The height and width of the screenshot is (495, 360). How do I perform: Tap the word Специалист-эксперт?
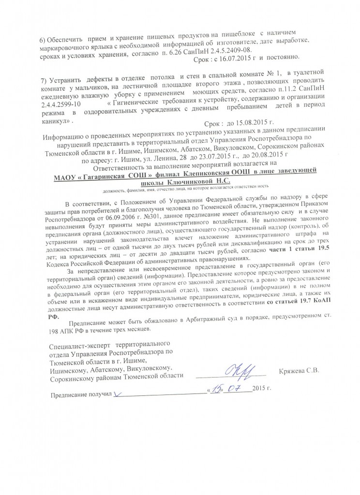point(79,346)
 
